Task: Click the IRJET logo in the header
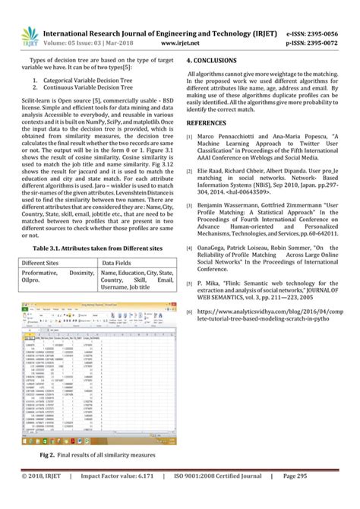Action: point(21,35)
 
